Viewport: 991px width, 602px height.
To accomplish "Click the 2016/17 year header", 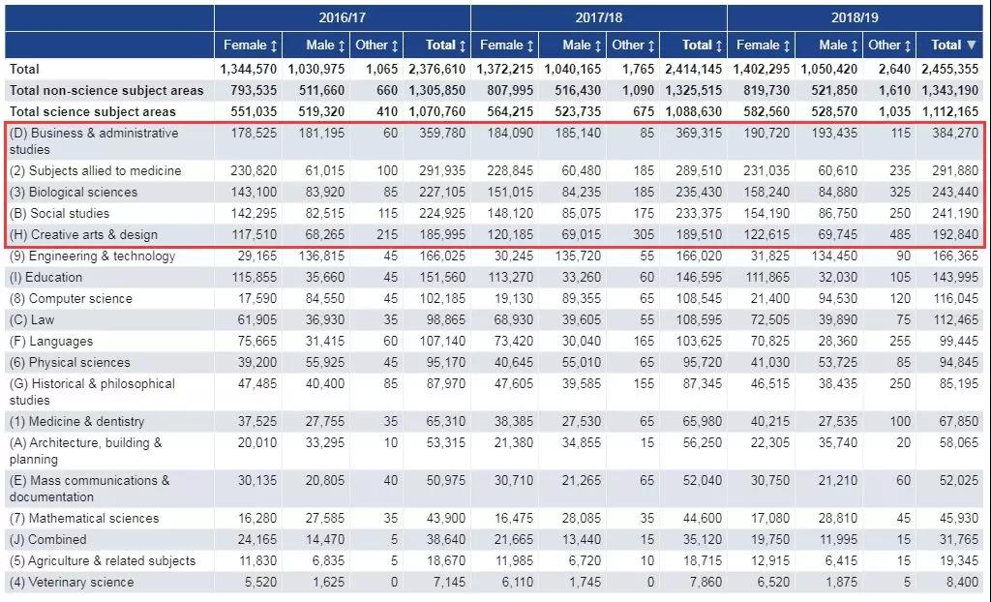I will tap(342, 17).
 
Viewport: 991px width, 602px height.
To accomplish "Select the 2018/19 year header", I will tap(856, 17).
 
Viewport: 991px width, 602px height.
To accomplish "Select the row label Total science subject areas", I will tap(93, 111).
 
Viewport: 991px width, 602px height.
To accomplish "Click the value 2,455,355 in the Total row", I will tap(949, 69).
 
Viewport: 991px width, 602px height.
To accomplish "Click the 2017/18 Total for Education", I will tap(696, 277).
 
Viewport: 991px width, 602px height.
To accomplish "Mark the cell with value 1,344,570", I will tap(248, 69).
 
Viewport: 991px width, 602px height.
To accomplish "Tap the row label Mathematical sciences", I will tap(82, 518).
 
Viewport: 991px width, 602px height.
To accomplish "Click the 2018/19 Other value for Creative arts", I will tap(897, 234).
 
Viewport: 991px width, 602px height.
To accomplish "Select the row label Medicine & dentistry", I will tap(77, 421).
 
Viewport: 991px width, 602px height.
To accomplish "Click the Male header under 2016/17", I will tap(319, 45).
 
